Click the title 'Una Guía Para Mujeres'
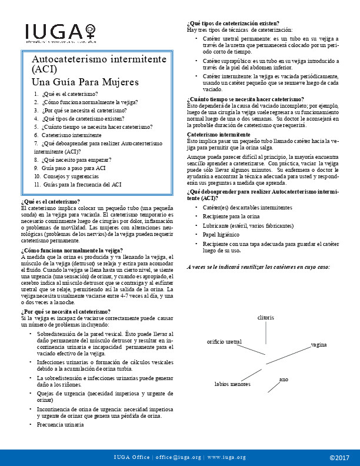[85, 82]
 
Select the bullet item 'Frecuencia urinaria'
[59, 424]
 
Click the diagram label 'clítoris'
[266, 318]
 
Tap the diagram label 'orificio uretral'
[224, 341]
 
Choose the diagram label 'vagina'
[319, 344]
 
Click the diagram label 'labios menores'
[232, 384]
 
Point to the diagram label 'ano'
[284, 380]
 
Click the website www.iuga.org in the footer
[225, 457]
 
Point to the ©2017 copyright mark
[339, 457]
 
